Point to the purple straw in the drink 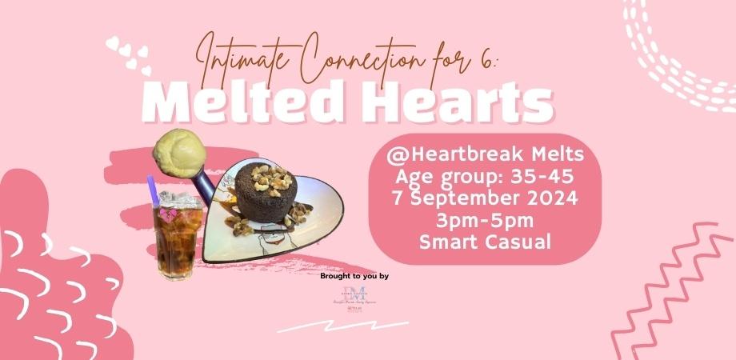153,192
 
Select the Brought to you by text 354,276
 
